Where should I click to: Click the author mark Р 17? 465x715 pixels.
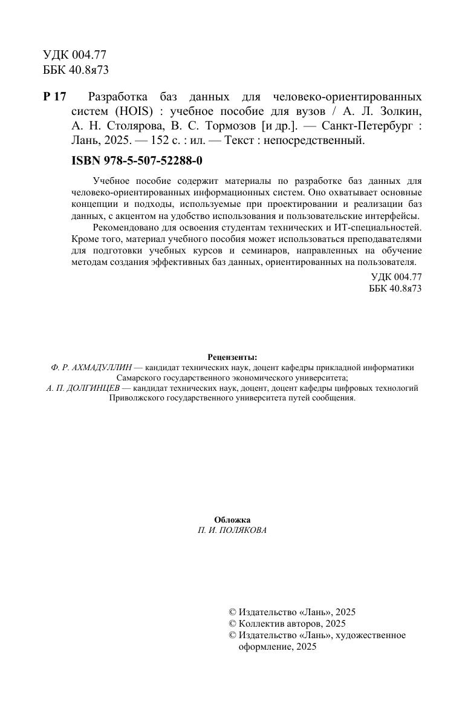[x=54, y=97]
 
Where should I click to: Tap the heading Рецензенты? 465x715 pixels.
[x=232, y=357]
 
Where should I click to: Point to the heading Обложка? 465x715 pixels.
[x=232, y=520]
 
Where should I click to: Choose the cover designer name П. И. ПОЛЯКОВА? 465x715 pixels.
[x=232, y=530]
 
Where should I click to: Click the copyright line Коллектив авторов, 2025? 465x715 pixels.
[x=292, y=623]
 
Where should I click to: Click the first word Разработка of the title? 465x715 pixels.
[x=117, y=97]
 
